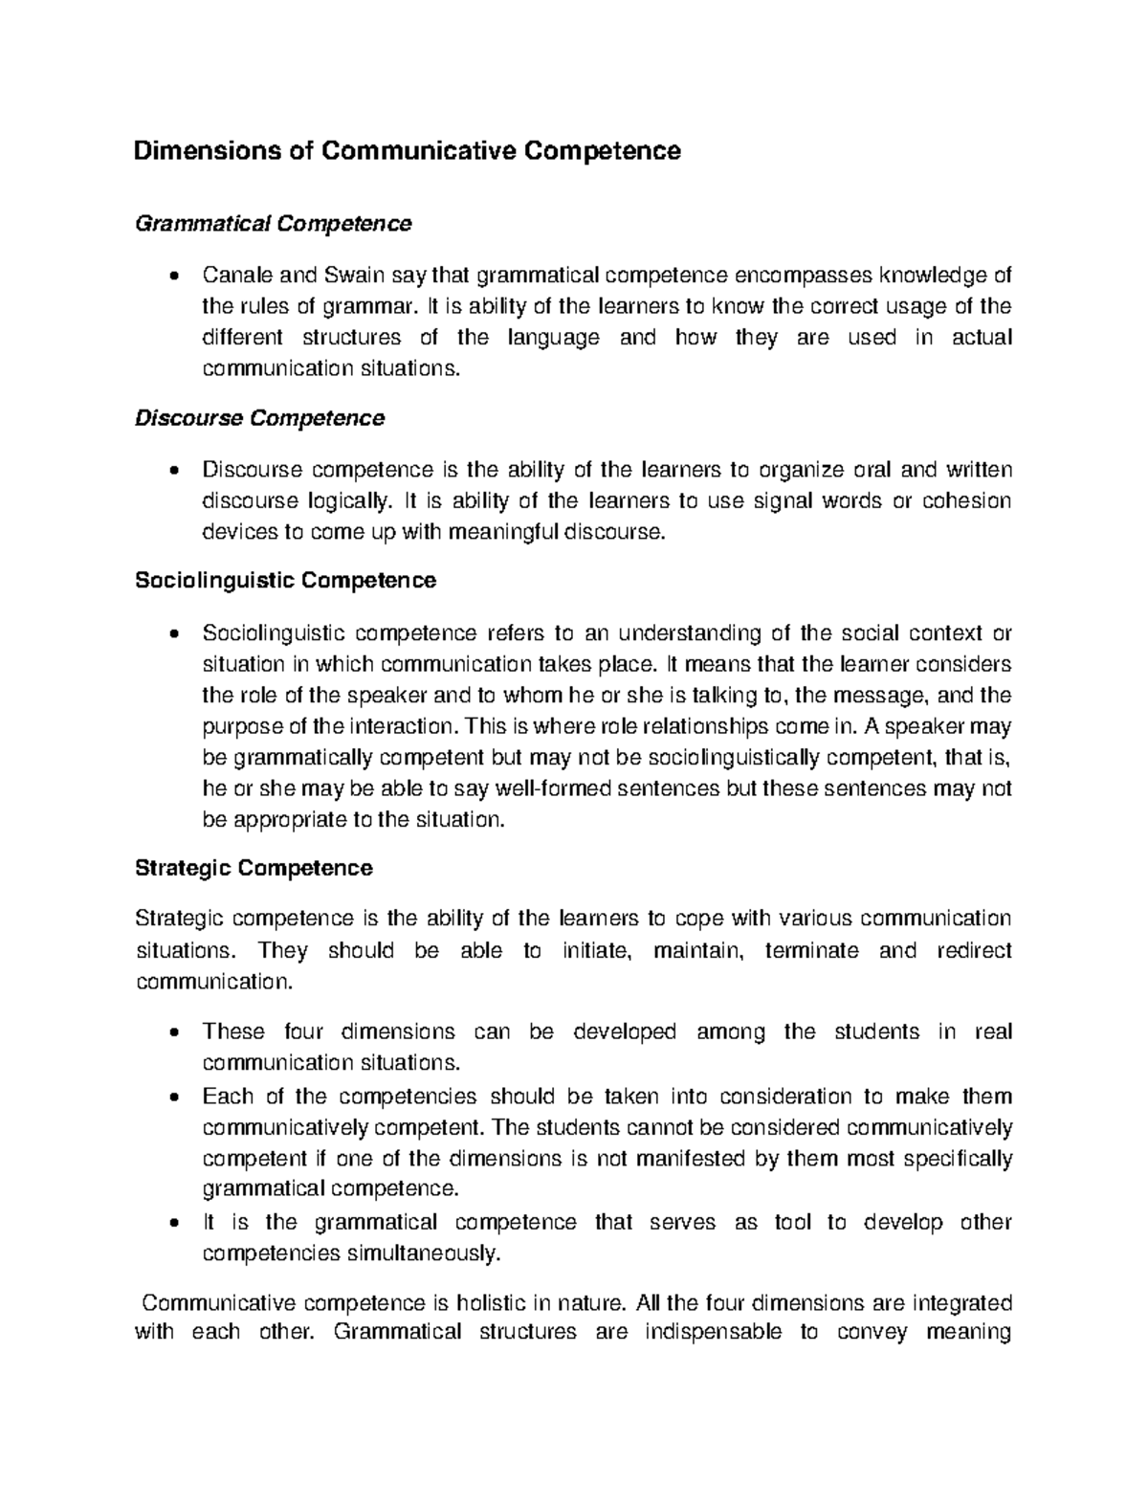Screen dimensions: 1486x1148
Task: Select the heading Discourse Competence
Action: [259, 418]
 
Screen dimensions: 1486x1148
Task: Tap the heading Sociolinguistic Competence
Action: [285, 580]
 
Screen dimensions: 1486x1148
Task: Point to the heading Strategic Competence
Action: [254, 868]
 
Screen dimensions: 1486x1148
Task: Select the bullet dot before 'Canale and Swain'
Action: [172, 277]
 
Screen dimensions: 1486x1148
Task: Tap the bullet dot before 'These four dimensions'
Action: [172, 1033]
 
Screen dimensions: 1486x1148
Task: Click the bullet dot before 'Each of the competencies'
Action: [172, 1098]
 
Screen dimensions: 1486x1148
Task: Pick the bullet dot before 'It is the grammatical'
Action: [172, 1224]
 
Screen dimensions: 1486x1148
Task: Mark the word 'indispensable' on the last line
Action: [713, 1332]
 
